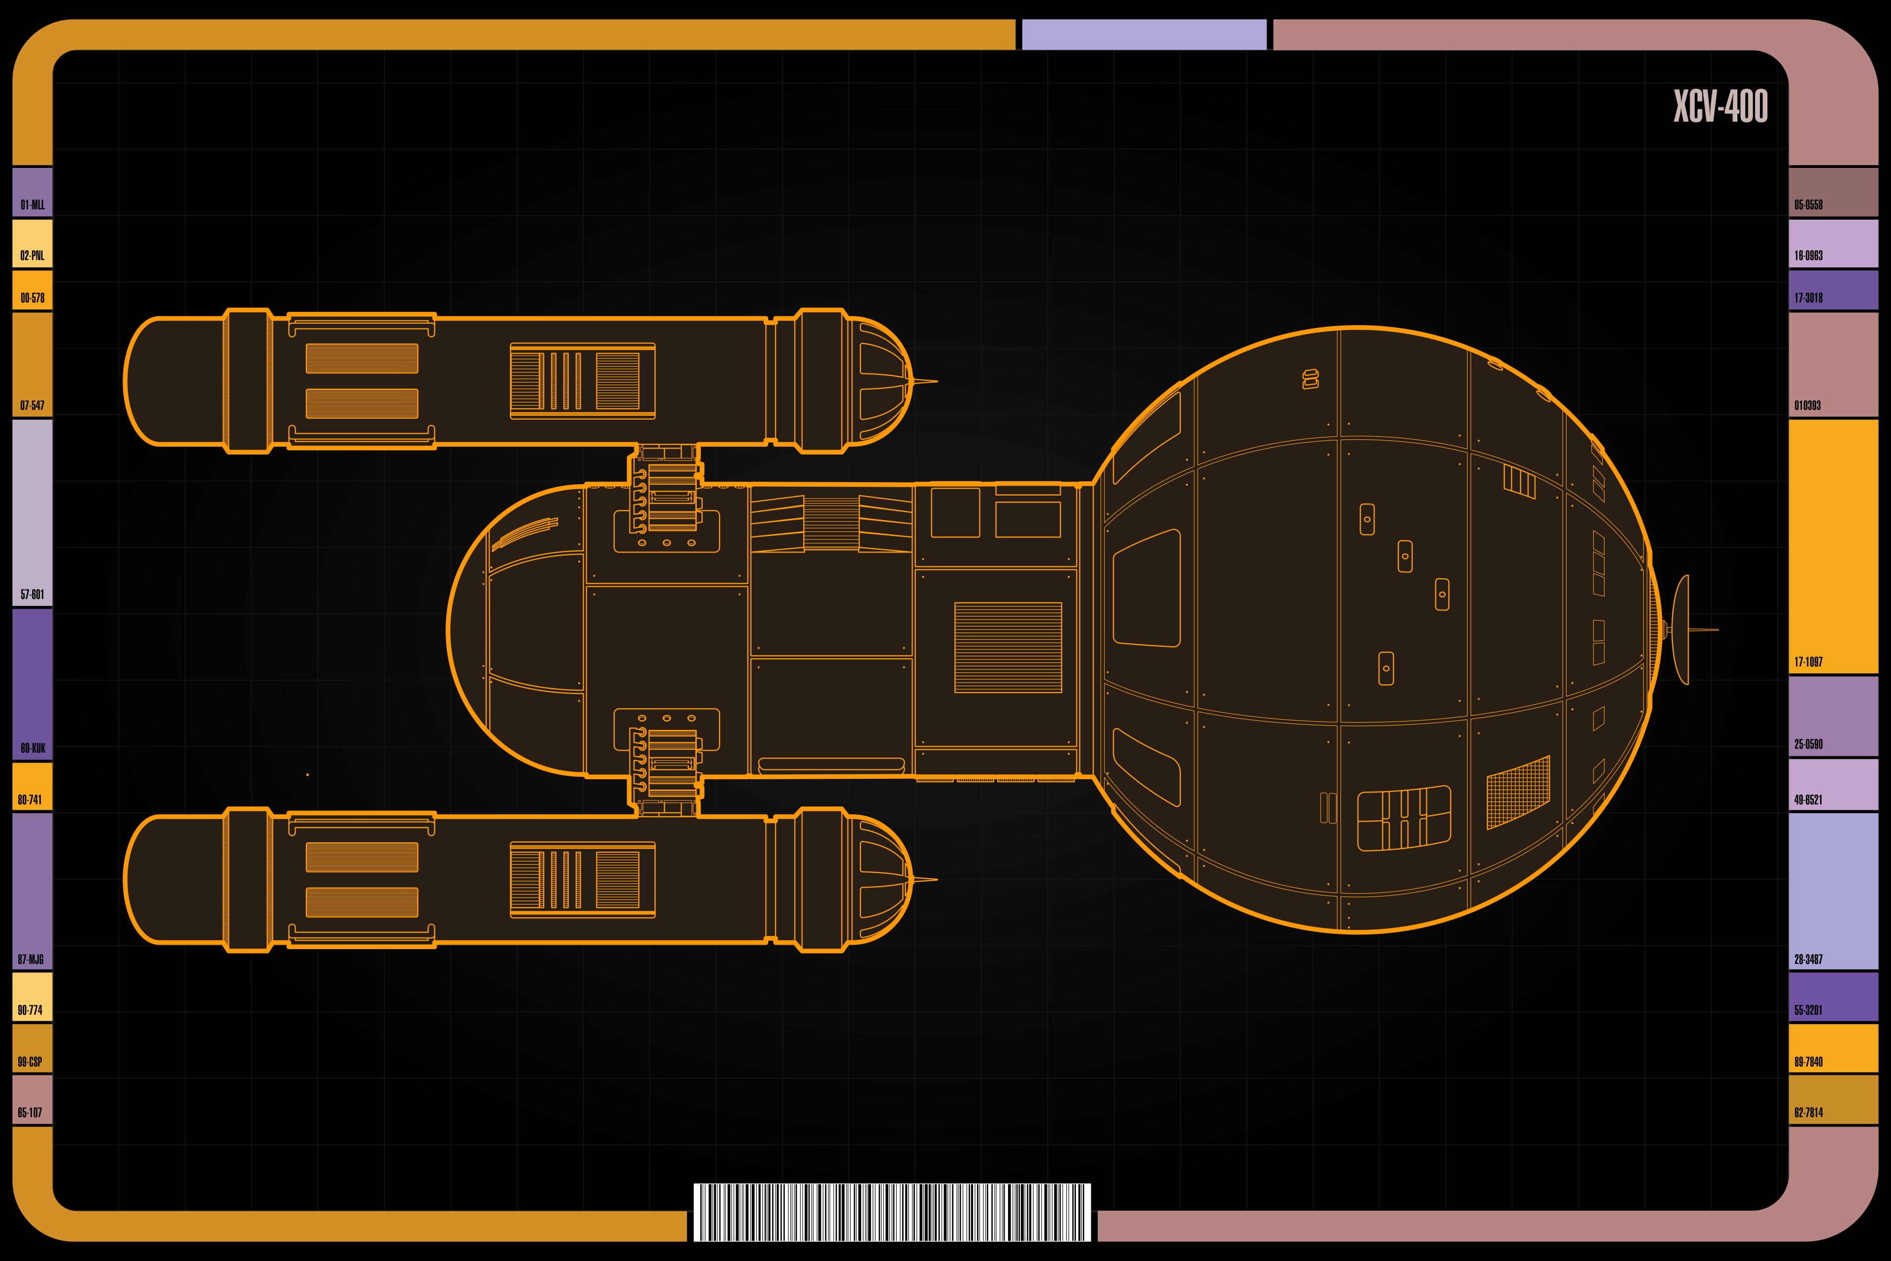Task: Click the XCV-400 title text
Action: point(1721,106)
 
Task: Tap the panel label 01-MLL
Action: point(32,205)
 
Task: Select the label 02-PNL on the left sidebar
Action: point(32,256)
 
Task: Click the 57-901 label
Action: point(32,595)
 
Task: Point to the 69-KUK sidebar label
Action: point(32,748)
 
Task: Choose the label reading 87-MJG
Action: point(31,960)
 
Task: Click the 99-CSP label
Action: point(30,1062)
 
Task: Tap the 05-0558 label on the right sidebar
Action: point(1808,205)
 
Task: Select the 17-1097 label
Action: point(1808,662)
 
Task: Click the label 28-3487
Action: point(1808,960)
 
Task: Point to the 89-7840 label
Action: point(1808,1062)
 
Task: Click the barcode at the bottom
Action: point(892,1212)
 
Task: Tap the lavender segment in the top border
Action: point(1143,34)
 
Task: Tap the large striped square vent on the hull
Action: point(1008,647)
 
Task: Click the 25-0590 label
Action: point(1808,744)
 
